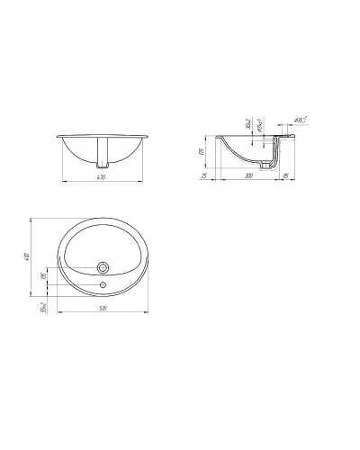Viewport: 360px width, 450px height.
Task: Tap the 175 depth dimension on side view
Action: point(203,154)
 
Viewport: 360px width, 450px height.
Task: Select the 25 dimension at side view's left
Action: point(206,177)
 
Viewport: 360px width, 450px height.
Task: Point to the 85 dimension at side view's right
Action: point(284,177)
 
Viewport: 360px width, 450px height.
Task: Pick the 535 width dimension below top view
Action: point(103,309)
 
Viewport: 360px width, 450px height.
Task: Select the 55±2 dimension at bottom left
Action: point(41,306)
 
